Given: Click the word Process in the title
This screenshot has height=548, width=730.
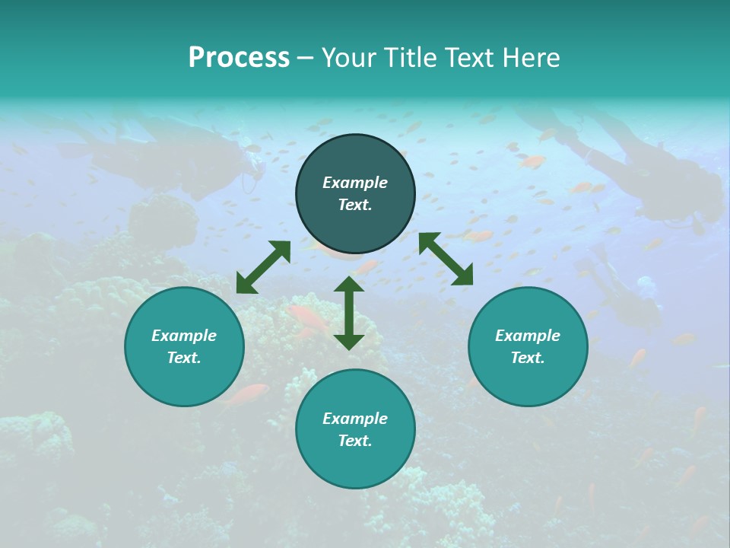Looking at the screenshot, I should tap(239, 58).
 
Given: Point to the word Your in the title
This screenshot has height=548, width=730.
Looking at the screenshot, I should tap(351, 58).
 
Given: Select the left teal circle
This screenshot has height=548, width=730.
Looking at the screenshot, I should tap(184, 346).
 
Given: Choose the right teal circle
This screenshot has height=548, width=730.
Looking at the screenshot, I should tap(528, 346).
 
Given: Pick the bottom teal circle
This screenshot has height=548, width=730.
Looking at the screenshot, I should tap(355, 429).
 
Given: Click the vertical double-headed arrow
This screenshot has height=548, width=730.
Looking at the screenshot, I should tap(349, 313).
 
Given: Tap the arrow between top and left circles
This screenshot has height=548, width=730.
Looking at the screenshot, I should tap(263, 267).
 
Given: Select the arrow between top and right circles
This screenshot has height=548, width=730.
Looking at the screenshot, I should tap(446, 259).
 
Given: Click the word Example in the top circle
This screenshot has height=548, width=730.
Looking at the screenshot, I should tap(355, 183).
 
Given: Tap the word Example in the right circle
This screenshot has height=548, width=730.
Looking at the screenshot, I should tap(528, 336).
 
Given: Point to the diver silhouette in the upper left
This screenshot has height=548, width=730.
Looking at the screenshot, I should tap(175, 152).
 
